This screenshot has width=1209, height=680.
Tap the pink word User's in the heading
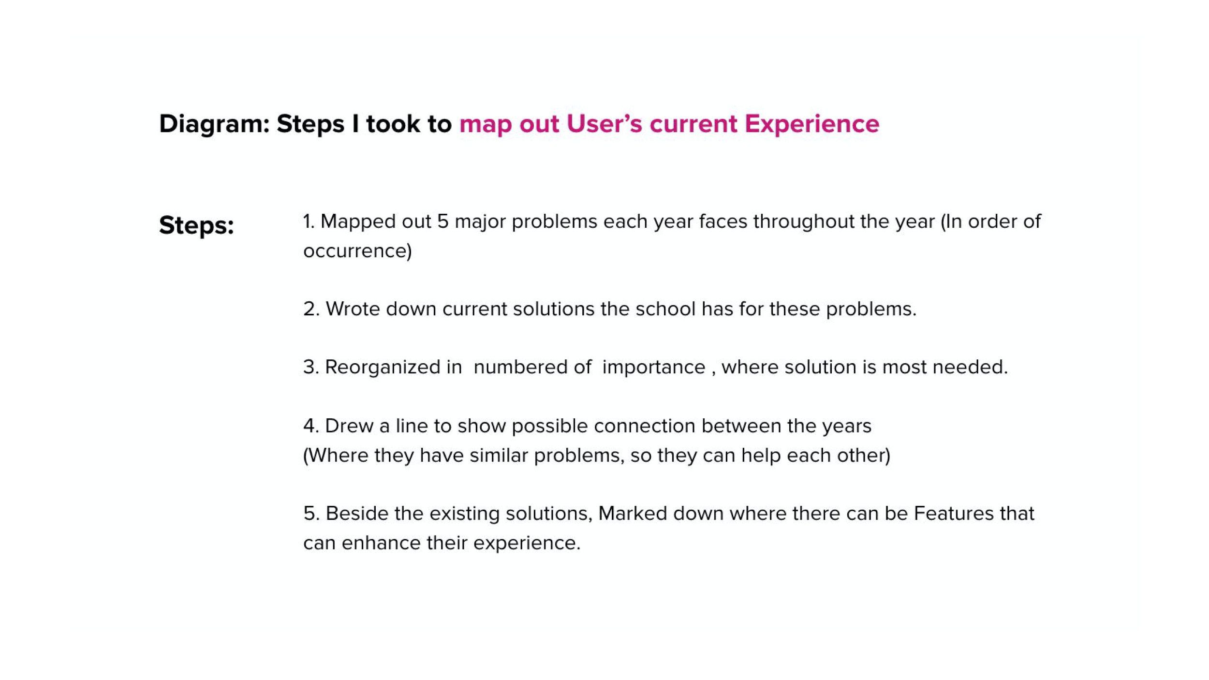pos(604,124)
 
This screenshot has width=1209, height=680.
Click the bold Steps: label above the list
pos(196,225)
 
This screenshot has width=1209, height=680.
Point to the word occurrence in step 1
pos(357,251)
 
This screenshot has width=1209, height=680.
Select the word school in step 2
pos(665,309)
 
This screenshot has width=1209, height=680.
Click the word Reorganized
pos(393,368)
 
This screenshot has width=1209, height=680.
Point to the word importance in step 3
pos(653,368)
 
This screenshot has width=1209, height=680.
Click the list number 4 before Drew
pos(310,426)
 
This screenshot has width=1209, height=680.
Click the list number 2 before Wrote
pos(310,309)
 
